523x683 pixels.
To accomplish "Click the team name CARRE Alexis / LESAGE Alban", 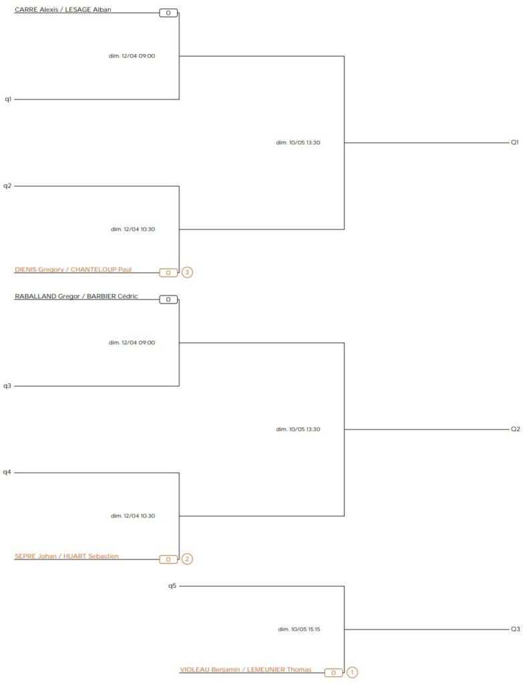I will point(63,10).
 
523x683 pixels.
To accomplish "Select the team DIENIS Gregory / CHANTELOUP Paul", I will point(73,269).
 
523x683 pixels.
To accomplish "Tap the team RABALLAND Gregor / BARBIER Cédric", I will point(76,296).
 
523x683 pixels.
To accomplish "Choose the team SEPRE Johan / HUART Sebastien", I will point(67,556).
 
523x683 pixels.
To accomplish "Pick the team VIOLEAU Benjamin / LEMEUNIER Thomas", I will point(245,669).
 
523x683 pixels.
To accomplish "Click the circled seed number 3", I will point(187,272).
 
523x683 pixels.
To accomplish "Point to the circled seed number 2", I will point(187,559).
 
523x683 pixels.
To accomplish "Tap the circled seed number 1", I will point(352,672).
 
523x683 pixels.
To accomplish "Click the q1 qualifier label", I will point(8,99).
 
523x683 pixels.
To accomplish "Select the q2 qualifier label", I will point(7,185).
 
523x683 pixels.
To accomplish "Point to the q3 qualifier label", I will point(7,386).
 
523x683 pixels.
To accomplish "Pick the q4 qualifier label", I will point(7,472).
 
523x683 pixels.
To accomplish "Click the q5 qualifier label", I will point(172,586).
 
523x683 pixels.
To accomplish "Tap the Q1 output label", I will point(515,142).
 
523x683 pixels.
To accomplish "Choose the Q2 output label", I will point(515,429).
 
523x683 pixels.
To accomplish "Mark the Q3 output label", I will point(515,629).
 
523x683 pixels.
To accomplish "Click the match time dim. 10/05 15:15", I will point(299,629).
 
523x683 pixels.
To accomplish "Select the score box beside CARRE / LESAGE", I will point(168,13).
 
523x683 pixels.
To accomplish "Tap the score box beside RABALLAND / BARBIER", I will point(168,299).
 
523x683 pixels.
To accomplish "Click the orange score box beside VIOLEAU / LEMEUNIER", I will point(333,672).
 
